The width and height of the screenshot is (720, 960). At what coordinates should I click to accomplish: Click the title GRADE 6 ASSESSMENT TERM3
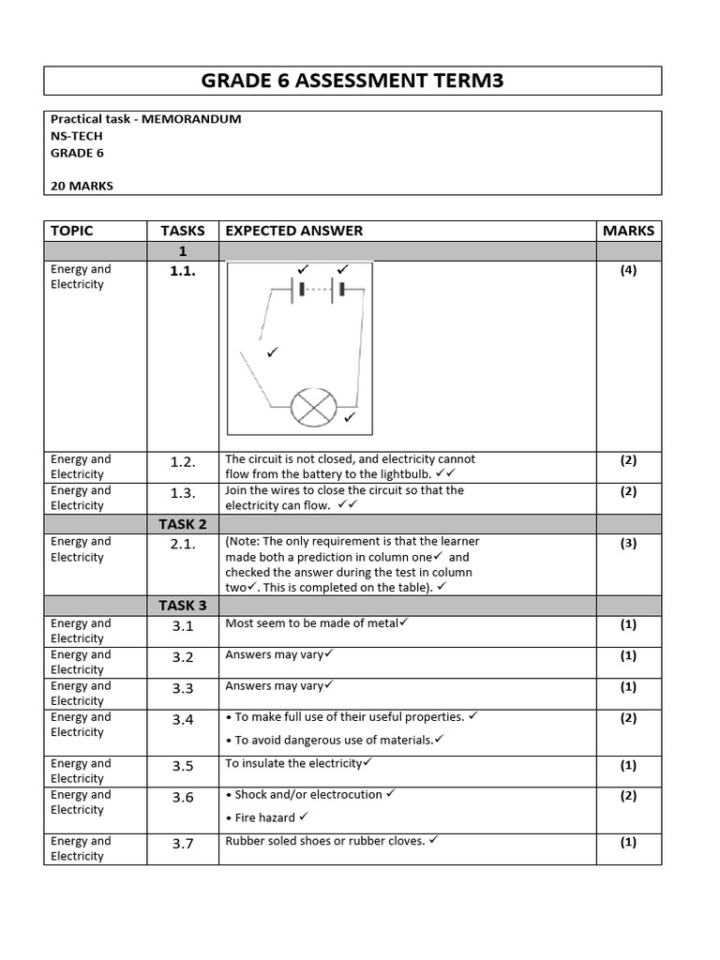point(352,81)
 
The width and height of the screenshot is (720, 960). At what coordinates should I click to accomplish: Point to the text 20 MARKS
point(82,186)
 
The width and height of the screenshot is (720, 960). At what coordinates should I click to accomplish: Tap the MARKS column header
point(628,231)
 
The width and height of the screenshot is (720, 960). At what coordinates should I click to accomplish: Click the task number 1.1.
point(183,271)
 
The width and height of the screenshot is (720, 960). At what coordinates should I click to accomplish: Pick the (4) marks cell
point(628,270)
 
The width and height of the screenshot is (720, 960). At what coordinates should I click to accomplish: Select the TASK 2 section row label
point(183,524)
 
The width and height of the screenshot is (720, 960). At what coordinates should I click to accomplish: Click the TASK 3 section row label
point(183,606)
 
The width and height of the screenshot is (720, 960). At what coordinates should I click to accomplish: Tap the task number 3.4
point(183,719)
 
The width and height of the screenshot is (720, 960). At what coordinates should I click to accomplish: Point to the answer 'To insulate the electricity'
point(293,763)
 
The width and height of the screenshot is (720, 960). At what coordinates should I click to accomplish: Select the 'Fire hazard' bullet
point(265,817)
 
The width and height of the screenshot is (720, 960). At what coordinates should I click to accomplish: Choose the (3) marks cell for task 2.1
point(628,543)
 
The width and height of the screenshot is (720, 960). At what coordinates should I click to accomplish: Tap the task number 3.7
point(183,843)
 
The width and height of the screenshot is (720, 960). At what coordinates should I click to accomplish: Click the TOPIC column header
point(72,231)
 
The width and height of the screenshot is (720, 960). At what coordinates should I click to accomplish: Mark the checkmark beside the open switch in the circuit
point(272,352)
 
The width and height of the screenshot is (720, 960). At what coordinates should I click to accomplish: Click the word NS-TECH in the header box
point(77,136)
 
